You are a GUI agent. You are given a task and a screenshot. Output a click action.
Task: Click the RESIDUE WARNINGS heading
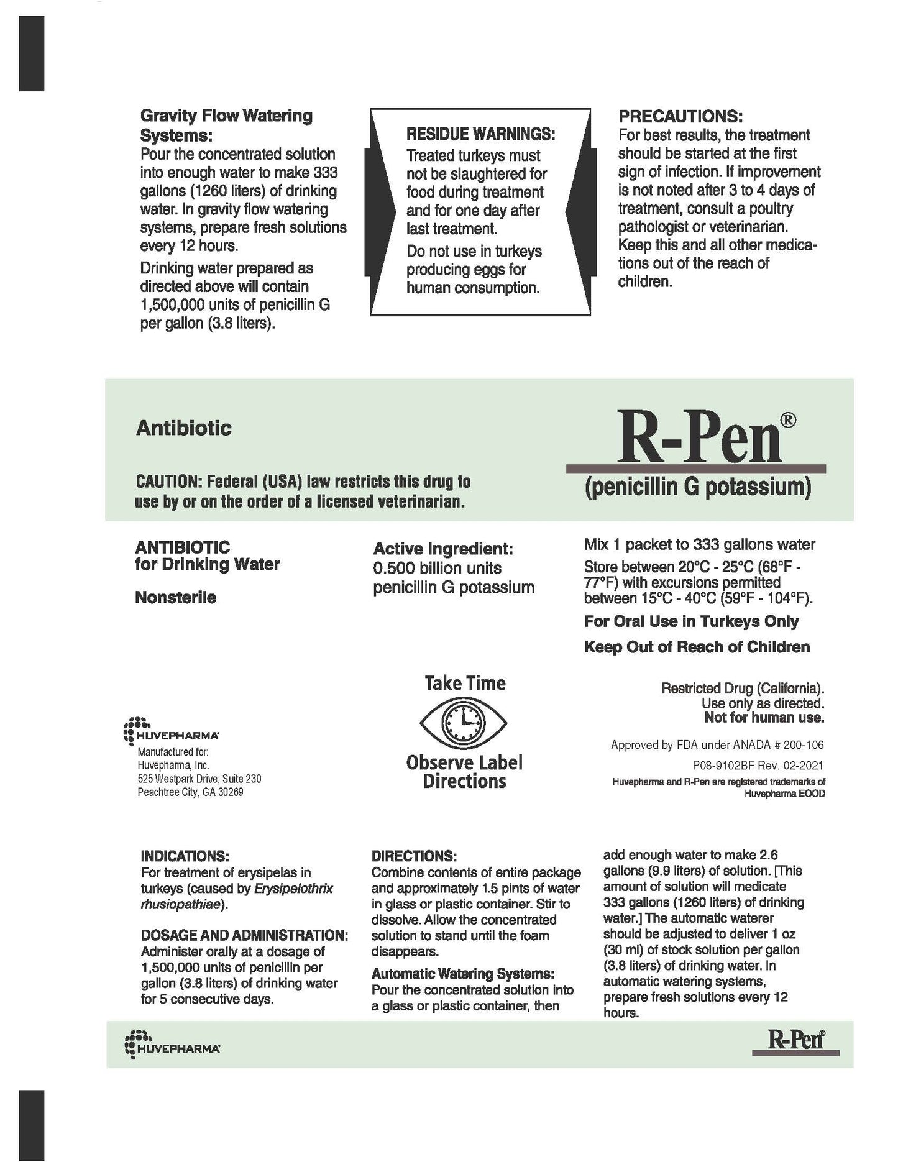click(480, 134)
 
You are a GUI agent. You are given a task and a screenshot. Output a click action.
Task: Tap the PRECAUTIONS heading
click(680, 116)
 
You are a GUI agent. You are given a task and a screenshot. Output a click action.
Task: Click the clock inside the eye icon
click(464, 723)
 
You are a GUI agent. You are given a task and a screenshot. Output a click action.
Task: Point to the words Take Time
click(465, 684)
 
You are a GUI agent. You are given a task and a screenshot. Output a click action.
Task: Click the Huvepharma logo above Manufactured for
click(171, 731)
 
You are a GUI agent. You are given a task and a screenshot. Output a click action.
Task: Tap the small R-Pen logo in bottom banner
click(795, 1039)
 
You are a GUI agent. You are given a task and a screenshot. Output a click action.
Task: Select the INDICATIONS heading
click(185, 856)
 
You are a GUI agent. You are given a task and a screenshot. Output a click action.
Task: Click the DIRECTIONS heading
click(414, 856)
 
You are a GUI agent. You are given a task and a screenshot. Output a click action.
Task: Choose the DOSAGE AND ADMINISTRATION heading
click(244, 935)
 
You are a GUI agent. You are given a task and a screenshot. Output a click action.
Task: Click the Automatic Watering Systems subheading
click(462, 973)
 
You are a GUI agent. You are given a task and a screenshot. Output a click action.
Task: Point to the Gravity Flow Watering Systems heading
click(226, 125)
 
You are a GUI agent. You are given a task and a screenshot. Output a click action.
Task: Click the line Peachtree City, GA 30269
click(190, 792)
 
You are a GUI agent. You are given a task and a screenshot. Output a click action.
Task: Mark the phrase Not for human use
click(764, 718)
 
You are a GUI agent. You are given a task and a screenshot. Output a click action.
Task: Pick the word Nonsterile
click(176, 598)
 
